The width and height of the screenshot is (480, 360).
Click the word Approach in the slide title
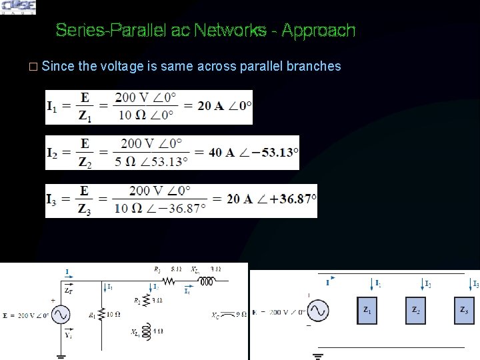point(319,31)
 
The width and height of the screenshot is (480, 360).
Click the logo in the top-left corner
point(19,7)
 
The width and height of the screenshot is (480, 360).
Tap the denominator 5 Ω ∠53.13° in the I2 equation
point(153,161)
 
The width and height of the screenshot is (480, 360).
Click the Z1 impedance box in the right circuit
point(367,311)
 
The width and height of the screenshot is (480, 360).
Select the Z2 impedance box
point(416,311)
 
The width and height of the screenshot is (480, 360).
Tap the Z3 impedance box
point(464,311)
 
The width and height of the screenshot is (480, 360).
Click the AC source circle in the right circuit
point(317,311)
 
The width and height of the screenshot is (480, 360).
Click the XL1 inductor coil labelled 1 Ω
point(149,332)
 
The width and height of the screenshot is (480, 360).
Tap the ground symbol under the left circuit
point(61,355)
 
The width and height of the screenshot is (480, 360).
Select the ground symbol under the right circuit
point(317,355)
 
